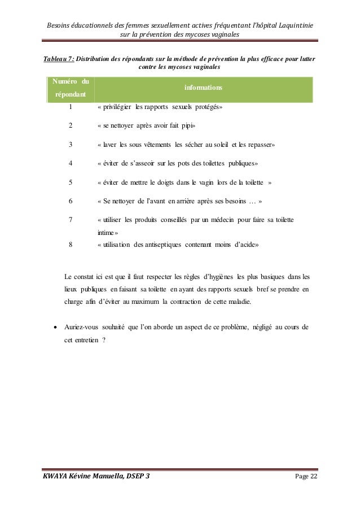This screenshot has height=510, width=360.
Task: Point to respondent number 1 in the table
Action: [x=71, y=106]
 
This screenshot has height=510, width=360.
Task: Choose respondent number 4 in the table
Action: [x=71, y=163]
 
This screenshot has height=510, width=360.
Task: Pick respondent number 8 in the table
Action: [x=71, y=245]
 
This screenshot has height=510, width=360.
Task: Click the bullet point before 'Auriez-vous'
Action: [x=54, y=327]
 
